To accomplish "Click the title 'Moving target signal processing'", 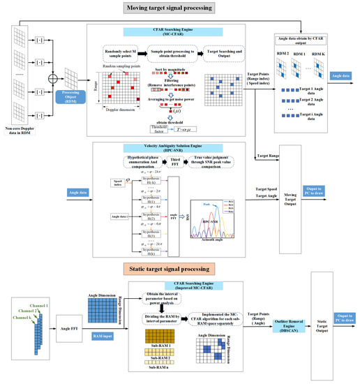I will (180, 8).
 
